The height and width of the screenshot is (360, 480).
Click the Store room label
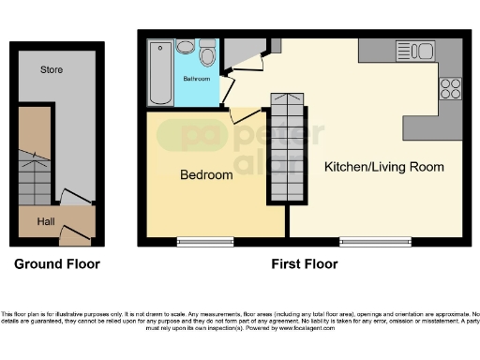click(x=52, y=69)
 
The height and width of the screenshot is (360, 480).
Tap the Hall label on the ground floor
click(x=46, y=222)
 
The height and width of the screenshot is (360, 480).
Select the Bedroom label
click(x=206, y=175)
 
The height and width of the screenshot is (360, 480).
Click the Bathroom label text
click(x=196, y=79)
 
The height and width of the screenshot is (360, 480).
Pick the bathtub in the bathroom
click(x=159, y=72)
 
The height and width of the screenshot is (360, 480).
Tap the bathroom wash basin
click(x=186, y=46)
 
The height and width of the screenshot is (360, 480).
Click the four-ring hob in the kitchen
click(x=450, y=88)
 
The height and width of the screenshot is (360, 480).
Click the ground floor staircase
click(x=35, y=180)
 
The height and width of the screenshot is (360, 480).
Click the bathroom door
click(x=225, y=87)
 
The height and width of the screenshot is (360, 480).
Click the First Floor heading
click(x=304, y=264)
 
